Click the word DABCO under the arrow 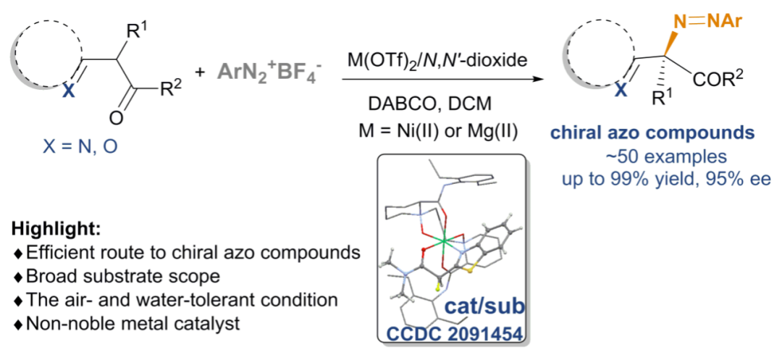401,104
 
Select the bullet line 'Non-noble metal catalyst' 127,323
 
